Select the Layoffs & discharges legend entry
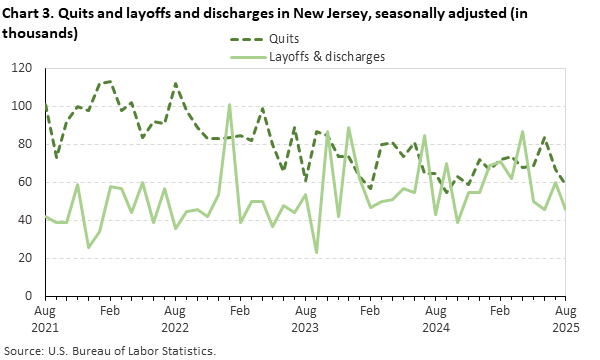[327, 57]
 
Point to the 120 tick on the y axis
[24, 68]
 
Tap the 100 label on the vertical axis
[24, 106]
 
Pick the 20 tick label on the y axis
[27, 258]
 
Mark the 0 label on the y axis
[30, 296]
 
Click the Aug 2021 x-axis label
[45, 319]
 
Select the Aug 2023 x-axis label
[305, 319]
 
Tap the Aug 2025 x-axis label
[566, 319]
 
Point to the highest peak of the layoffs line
[229, 104]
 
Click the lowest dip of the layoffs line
[317, 252]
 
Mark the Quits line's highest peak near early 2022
[109, 81]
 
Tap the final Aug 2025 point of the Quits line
[566, 183]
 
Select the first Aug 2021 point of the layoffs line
[45, 217]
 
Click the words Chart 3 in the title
[31, 13]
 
